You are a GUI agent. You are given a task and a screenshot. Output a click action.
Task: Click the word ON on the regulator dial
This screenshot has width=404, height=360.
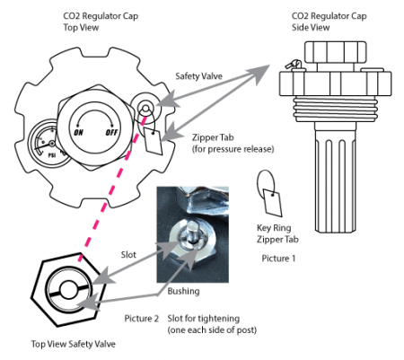pyautogui.click(x=79, y=131)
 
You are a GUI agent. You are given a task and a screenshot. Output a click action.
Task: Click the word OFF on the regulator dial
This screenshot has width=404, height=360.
pyautogui.click(x=113, y=131)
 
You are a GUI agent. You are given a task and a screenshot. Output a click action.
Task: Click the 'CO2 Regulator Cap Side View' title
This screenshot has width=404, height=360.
pyautogui.click(x=329, y=22)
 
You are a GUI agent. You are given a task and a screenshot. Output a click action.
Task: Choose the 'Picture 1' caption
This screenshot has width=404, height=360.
pyautogui.click(x=274, y=258)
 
